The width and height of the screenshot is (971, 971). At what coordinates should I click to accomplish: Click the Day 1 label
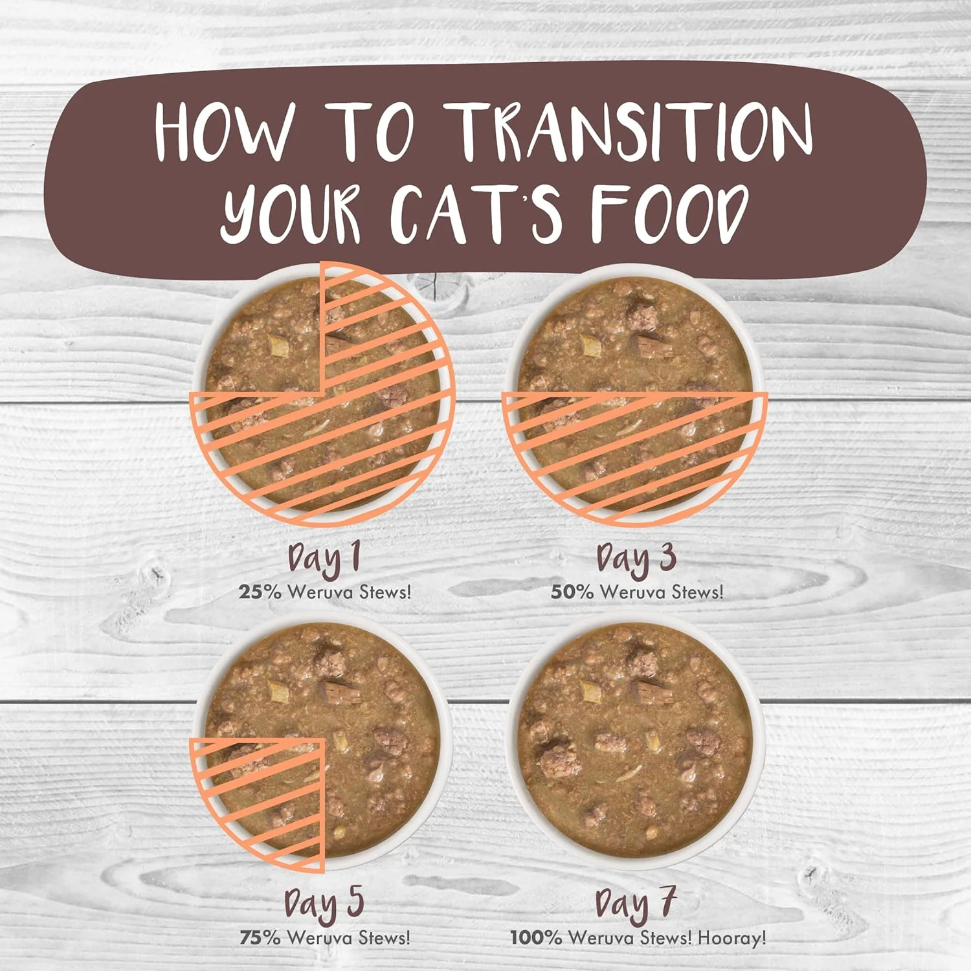(x=324, y=559)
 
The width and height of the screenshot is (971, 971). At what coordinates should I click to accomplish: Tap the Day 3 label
(x=636, y=559)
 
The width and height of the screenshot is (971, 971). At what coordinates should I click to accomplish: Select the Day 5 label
(x=324, y=904)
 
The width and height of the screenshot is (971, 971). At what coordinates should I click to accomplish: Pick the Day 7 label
(x=636, y=904)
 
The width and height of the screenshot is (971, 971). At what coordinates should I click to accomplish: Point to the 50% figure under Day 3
(x=572, y=592)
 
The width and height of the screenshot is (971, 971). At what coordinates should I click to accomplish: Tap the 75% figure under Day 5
(x=260, y=937)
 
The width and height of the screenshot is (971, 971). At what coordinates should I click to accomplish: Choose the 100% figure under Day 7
(x=536, y=937)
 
